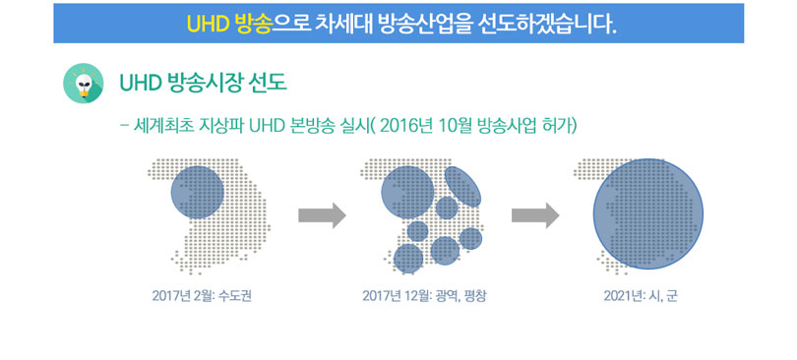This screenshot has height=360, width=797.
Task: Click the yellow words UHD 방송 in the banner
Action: (228, 24)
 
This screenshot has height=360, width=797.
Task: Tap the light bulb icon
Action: (84, 84)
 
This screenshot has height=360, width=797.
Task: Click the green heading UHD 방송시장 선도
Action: (203, 84)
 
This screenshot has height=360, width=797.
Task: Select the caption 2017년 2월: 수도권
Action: (202, 295)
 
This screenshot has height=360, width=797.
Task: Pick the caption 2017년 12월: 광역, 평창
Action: (424, 295)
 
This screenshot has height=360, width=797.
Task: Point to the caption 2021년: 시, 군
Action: (641, 295)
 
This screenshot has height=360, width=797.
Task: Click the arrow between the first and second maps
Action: (323, 215)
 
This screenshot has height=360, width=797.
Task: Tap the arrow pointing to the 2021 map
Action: (535, 215)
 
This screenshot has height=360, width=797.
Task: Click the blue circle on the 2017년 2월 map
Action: (197, 192)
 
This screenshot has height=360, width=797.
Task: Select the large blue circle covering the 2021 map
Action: (648, 214)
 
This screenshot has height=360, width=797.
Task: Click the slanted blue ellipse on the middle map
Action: (463, 186)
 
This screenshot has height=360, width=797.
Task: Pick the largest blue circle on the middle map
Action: (408, 192)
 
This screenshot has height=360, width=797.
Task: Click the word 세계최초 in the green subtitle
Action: (163, 125)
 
